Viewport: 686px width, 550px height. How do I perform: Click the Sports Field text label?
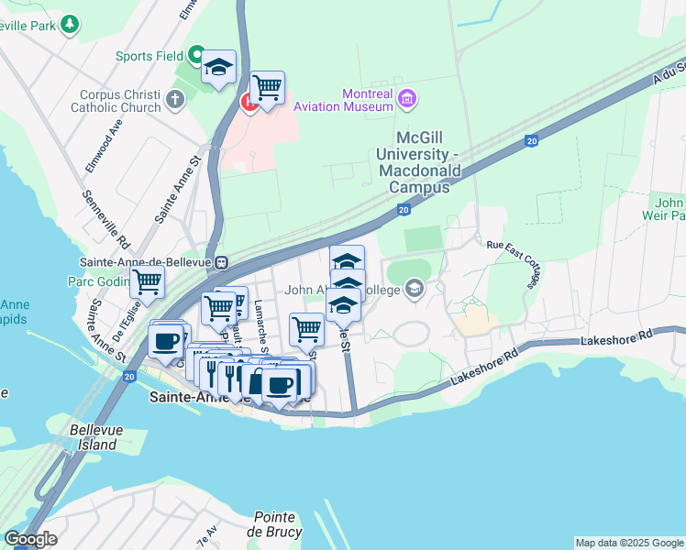(149, 56)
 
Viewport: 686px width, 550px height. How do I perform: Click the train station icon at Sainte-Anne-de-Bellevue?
(222, 261)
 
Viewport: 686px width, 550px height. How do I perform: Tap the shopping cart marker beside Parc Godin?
(147, 283)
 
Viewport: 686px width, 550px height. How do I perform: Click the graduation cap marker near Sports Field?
(219, 67)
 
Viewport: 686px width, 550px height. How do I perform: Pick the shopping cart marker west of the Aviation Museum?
(267, 89)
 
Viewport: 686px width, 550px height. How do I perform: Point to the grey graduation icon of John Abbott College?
(415, 291)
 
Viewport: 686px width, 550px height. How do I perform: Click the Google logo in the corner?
(30, 539)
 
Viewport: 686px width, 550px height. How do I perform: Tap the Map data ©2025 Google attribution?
(629, 543)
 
